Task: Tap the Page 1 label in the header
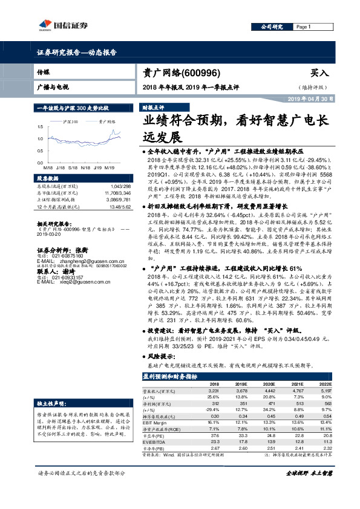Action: pos(303,27)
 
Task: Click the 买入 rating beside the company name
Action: pos(319,73)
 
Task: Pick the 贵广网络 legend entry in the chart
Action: pos(106,122)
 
